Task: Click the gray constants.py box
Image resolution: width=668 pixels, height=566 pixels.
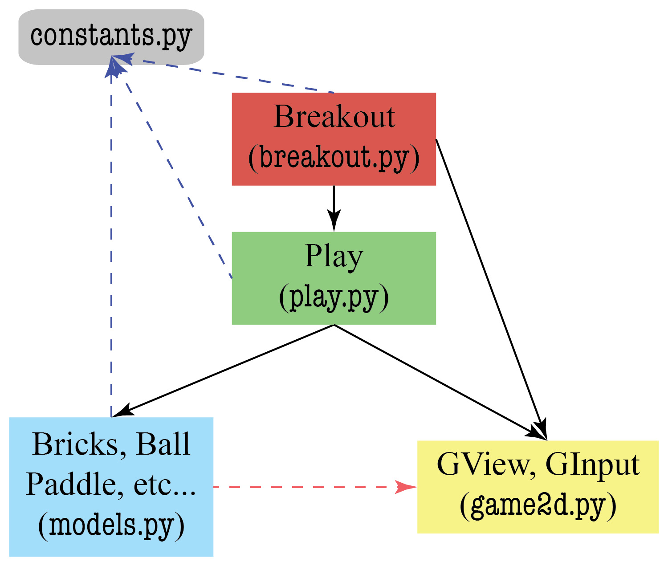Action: click(x=111, y=37)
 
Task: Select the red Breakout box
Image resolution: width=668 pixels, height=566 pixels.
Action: click(x=334, y=138)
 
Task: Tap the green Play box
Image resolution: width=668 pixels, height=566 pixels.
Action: click(x=334, y=278)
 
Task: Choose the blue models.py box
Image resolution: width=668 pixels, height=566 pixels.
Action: click(x=111, y=486)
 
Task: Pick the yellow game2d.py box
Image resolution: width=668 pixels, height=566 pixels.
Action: click(x=538, y=486)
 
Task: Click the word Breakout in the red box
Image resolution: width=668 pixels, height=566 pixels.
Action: click(x=334, y=117)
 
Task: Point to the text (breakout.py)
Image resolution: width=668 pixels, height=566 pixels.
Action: click(x=334, y=158)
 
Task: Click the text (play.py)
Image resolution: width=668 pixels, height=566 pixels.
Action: click(x=334, y=297)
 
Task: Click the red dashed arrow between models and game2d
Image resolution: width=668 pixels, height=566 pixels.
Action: click(x=303, y=487)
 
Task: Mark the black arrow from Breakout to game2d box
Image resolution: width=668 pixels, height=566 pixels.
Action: click(x=490, y=285)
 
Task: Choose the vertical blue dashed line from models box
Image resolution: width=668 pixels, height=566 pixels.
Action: click(x=111, y=245)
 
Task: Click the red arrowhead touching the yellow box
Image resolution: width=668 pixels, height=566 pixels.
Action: click(x=406, y=487)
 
